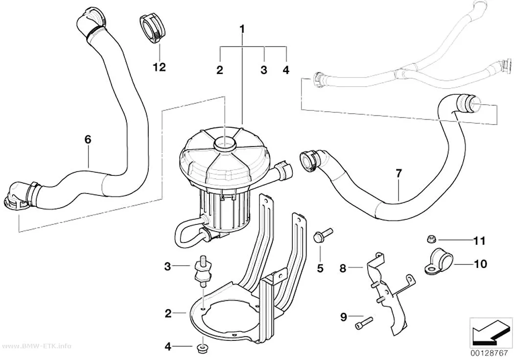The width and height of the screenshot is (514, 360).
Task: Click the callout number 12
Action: coord(159,67)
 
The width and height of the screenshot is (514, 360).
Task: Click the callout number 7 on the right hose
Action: coord(398,173)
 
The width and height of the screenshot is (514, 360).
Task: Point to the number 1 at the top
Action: coord(242,29)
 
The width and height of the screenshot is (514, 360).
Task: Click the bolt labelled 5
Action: coord(322,236)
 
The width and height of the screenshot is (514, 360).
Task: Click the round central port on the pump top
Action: coord(225,144)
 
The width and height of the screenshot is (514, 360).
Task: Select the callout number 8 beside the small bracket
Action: coord(343,268)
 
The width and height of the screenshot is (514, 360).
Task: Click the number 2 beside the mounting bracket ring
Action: coord(168,313)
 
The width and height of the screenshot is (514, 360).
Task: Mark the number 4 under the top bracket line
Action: coord(286,70)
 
